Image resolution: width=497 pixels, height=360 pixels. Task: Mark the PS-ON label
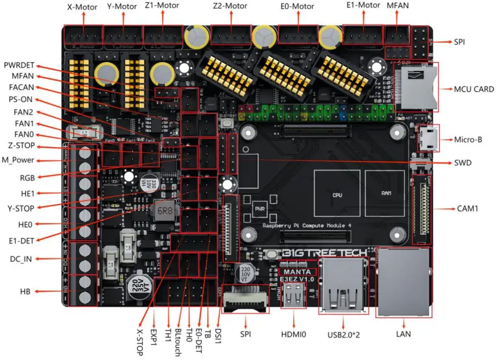pos(20,99)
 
